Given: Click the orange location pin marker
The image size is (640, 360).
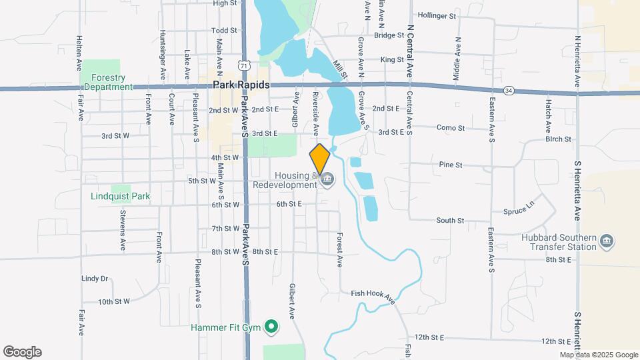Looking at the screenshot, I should (320, 159).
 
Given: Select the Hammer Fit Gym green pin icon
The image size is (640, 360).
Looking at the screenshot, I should (271, 327).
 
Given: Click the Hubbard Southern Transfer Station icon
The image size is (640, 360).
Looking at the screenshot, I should (606, 241).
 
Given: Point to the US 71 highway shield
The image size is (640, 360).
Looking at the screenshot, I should (245, 66).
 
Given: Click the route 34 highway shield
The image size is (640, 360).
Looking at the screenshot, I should (509, 90).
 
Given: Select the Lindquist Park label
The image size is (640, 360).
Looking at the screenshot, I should (121, 197).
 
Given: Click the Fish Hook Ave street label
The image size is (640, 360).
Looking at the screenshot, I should (373, 297).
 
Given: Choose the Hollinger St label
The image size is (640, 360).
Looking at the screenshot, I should (437, 15).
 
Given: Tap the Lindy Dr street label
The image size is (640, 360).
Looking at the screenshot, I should (94, 279).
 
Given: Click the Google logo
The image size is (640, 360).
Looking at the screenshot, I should (22, 352).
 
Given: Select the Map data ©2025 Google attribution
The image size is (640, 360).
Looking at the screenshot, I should (599, 355).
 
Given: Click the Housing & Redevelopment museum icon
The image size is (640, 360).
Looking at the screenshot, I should (327, 180).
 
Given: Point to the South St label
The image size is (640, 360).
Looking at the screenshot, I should (450, 220).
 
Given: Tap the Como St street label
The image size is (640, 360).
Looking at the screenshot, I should (450, 127).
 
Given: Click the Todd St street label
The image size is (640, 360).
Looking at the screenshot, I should (224, 31).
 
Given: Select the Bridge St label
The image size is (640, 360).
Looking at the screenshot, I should (389, 35).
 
